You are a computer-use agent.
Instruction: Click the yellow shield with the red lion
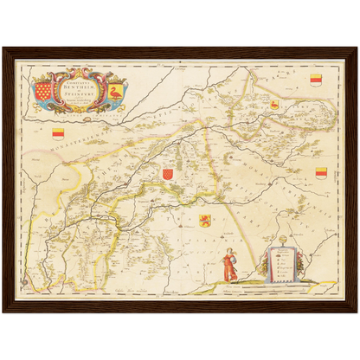point(205,220)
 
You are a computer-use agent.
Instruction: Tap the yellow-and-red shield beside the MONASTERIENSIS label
point(59,132)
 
